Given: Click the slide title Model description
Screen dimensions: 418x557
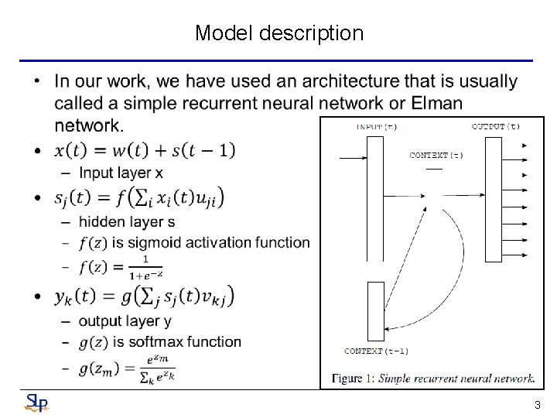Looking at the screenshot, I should click(278, 33).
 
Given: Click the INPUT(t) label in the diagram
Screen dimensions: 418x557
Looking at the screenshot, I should click(377, 126).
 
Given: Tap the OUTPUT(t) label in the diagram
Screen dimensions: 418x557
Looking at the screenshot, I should click(496, 126).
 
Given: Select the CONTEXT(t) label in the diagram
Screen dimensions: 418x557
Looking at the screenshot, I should click(436, 156).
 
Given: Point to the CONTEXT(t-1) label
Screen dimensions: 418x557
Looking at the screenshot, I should click(376, 351).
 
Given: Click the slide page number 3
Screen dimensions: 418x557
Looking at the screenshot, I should click(537, 405).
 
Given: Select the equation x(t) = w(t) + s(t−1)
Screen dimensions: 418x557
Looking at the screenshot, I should click(145, 150).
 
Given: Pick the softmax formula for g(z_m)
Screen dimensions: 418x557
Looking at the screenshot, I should click(127, 369).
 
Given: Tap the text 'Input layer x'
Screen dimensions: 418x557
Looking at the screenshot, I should click(120, 172).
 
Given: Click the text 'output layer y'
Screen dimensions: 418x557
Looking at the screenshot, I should click(125, 320).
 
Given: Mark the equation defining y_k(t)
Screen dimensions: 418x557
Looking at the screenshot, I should click(144, 296).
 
